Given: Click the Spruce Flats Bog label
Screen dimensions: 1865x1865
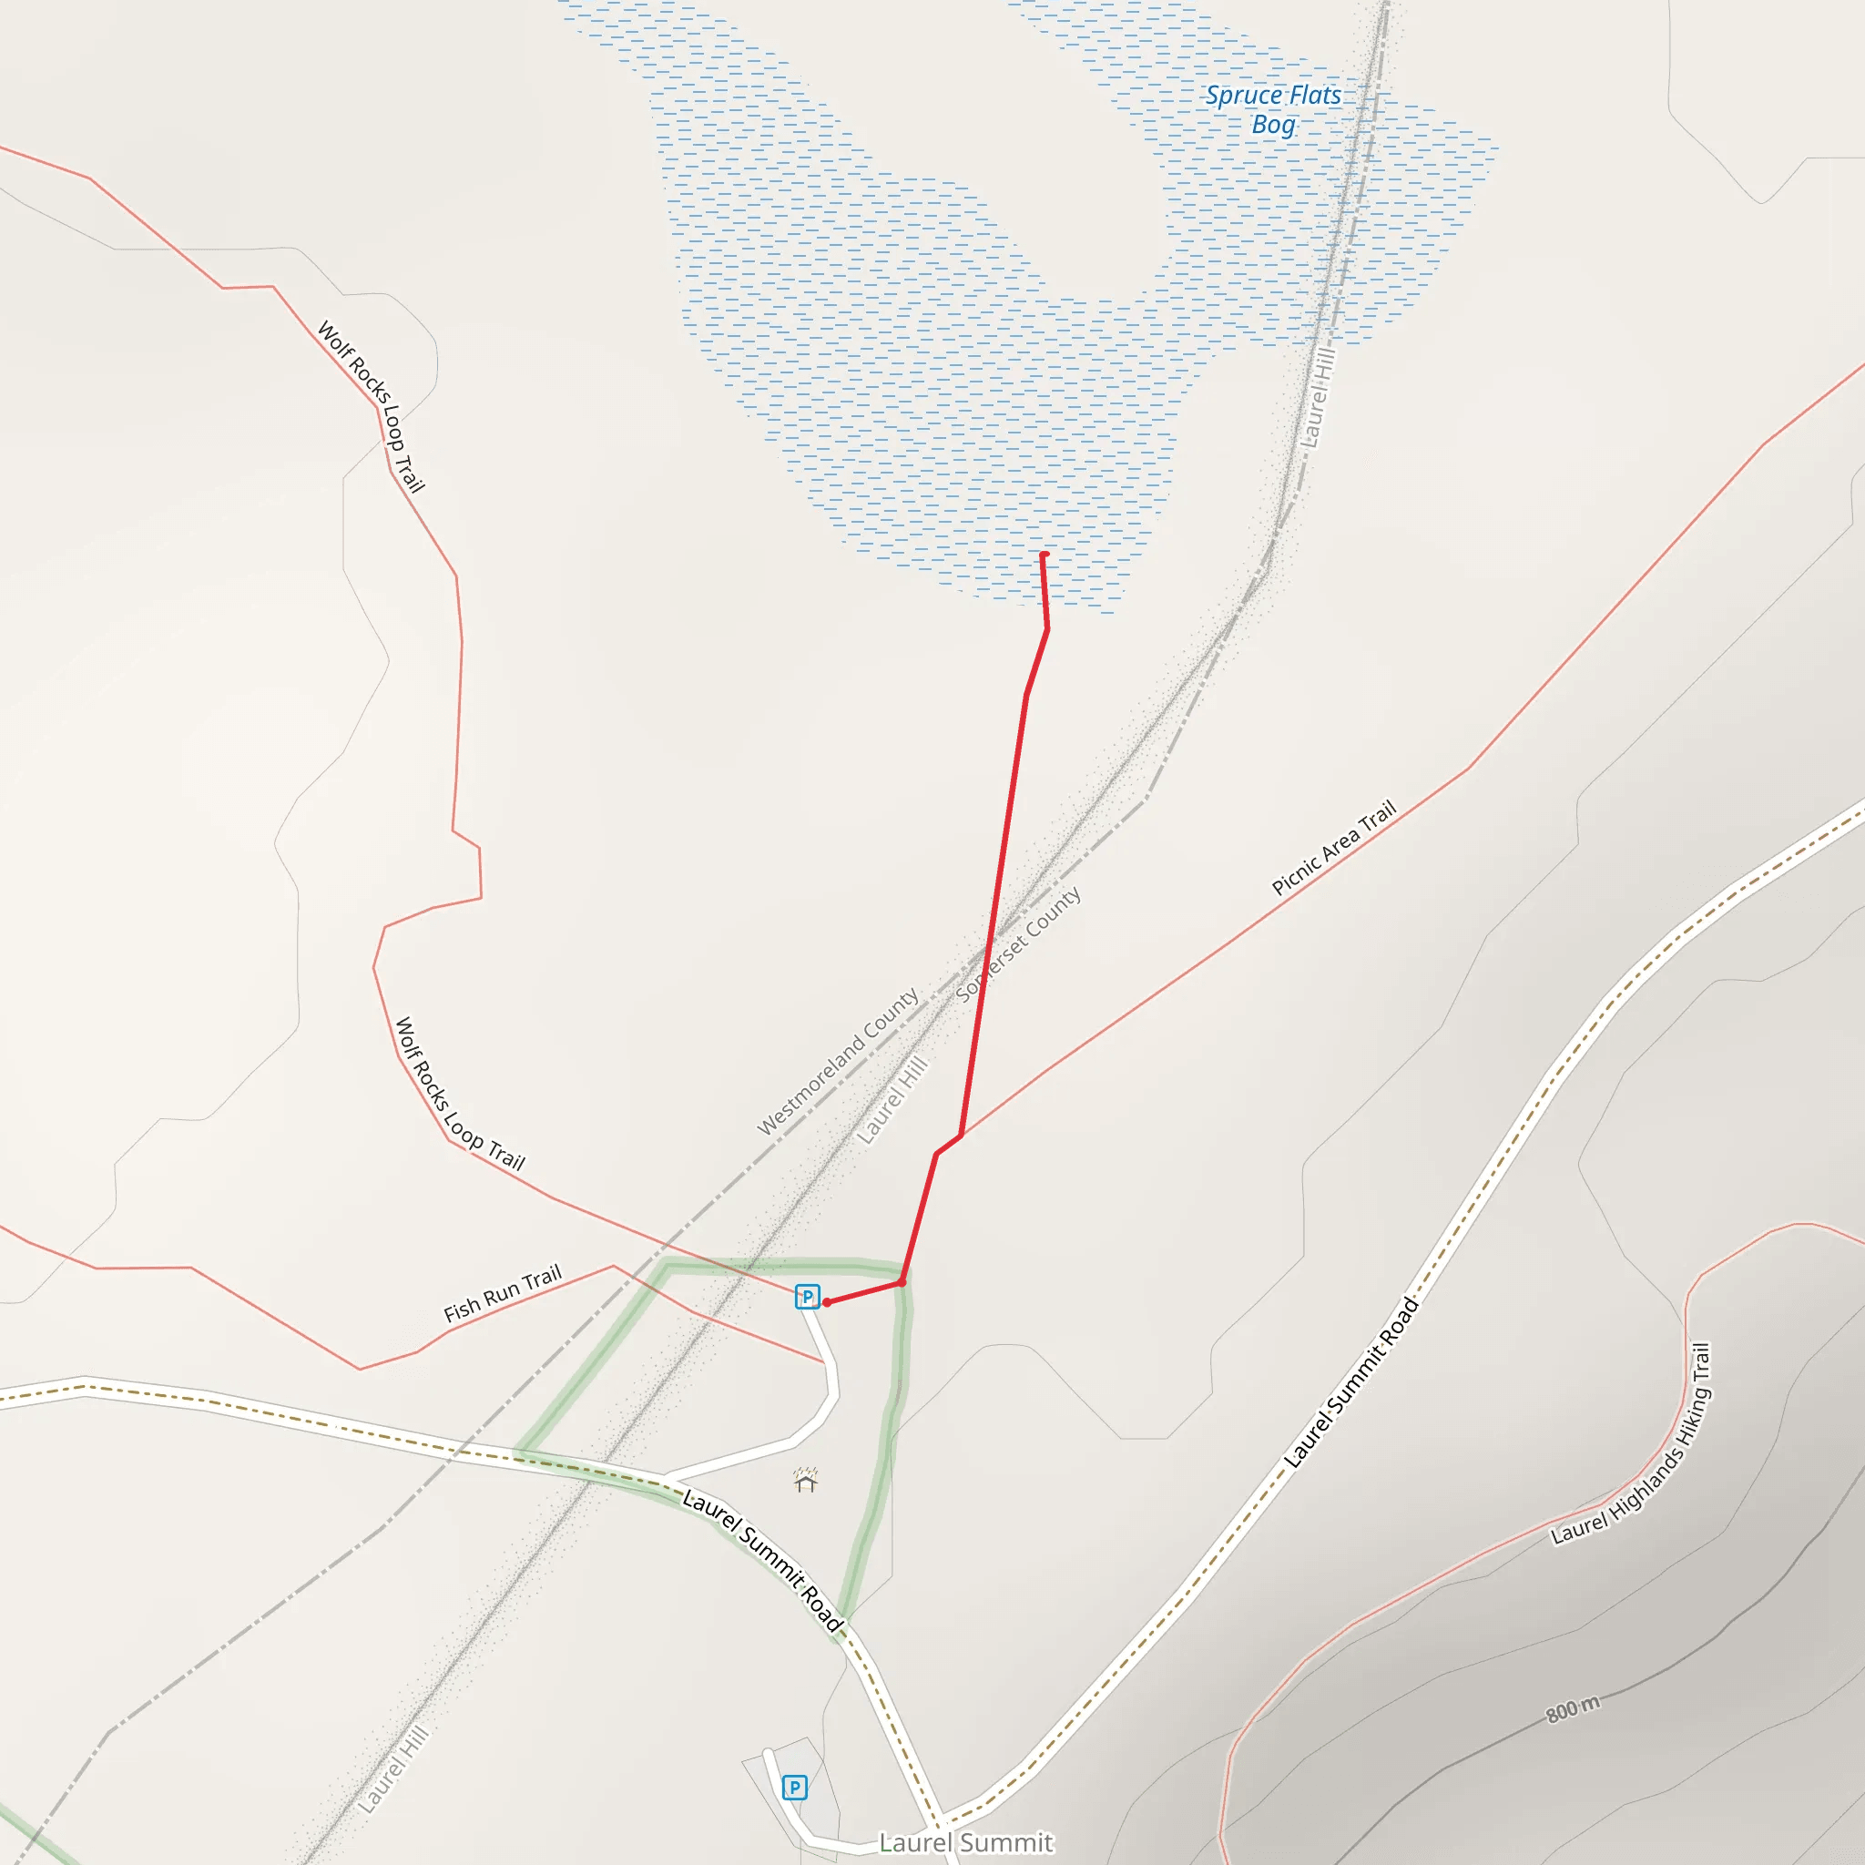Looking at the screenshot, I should tap(1272, 109).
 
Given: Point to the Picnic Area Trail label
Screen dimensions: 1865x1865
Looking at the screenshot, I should tap(1333, 848).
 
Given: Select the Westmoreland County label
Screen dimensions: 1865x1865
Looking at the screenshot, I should tap(837, 1061).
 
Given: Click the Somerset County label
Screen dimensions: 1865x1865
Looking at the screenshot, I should tap(1017, 945).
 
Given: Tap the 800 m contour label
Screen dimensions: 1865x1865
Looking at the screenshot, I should tap(1573, 1708).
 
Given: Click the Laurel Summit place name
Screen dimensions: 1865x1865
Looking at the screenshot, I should tap(965, 1842).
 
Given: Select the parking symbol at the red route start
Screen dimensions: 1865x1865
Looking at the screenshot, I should tap(807, 1297).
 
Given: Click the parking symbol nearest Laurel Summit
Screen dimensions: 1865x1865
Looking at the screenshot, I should tap(794, 1788).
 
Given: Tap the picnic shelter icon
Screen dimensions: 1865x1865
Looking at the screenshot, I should tap(806, 1481).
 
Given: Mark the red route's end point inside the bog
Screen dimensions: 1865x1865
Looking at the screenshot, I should tap(1044, 555).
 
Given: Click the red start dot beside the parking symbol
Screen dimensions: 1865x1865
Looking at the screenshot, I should tap(827, 1302).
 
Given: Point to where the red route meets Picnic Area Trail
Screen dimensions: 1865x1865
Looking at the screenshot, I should tap(962, 1135).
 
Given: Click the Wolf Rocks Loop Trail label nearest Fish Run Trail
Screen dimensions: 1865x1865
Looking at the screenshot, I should tap(460, 1094).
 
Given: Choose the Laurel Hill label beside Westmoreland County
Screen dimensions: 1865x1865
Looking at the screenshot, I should tap(893, 1099).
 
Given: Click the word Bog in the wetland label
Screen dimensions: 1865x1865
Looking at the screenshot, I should tap(1273, 125).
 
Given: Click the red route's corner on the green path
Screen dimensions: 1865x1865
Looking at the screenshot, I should tap(902, 1282).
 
